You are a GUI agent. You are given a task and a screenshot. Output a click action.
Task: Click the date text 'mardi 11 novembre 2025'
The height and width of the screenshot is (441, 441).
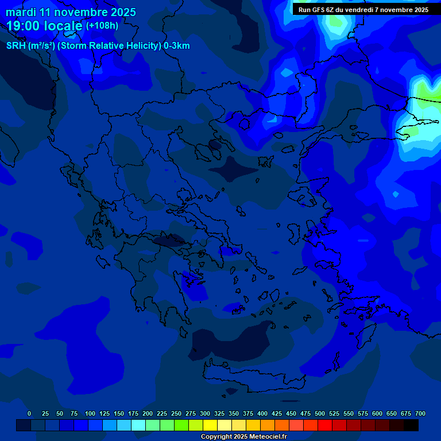coord(71,12)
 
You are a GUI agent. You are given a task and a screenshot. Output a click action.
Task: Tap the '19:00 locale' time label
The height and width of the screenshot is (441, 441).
coord(45,26)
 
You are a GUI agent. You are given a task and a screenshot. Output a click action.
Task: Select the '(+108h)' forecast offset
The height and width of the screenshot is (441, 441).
coord(102,26)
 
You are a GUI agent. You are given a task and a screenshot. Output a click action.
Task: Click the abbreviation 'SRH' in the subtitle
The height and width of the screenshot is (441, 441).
coord(16,46)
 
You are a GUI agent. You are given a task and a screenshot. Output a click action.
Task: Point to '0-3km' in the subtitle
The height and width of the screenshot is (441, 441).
coord(177,46)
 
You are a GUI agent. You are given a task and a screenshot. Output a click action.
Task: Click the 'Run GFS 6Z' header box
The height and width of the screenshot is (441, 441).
coord(363,9)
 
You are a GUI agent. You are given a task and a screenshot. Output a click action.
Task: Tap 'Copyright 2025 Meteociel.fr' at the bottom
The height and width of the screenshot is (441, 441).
coord(243,436)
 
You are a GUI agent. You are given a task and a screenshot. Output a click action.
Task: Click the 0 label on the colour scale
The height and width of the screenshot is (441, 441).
coord(29,413)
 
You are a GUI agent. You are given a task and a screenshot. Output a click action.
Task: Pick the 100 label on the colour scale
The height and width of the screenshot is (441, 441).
coord(90,413)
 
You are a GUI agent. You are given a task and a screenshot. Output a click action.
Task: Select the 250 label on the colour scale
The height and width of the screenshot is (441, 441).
coord(176,413)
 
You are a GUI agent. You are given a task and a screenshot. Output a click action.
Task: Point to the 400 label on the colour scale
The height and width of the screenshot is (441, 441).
coord(262,413)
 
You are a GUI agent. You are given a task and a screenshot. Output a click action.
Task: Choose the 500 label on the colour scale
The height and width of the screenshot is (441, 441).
coord(320,413)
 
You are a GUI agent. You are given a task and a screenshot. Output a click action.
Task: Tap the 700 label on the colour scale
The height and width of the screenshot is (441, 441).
coord(420,413)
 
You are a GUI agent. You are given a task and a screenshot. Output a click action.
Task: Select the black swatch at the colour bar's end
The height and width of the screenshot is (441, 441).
coord(411,425)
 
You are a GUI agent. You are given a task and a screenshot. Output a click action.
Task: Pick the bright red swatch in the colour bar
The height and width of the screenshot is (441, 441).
coord(325,425)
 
